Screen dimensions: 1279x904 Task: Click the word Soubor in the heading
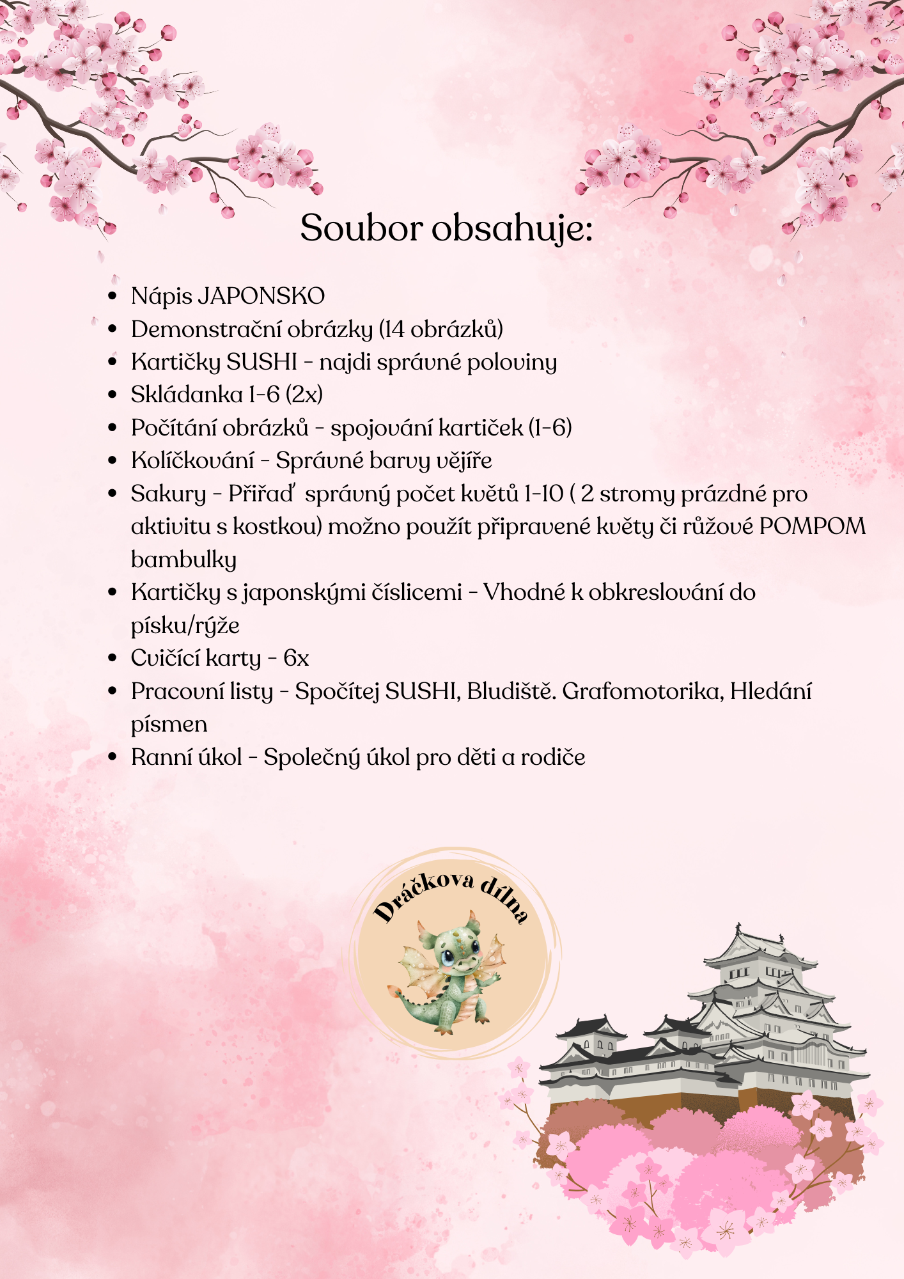tap(362, 228)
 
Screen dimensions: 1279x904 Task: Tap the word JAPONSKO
tap(261, 296)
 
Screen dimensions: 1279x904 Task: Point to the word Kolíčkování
tap(192, 460)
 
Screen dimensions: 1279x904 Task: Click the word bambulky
tap(183, 560)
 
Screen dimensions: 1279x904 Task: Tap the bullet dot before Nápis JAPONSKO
tap(113, 296)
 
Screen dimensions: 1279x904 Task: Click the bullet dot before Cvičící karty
tap(113, 658)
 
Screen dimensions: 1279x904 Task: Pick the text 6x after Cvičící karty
tap(296, 658)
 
